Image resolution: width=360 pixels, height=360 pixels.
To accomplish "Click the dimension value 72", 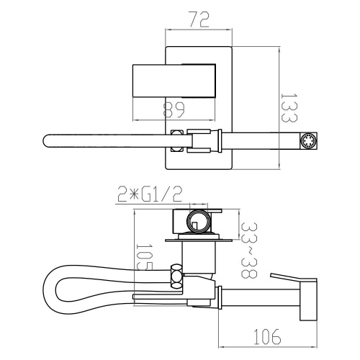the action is point(199,19).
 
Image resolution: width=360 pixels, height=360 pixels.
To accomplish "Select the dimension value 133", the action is point(289,107).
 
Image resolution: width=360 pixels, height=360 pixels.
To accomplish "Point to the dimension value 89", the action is point(174,110).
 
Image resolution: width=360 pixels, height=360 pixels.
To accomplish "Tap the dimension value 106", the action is point(267,336).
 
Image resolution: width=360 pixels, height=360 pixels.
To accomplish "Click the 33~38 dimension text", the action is point(249,250).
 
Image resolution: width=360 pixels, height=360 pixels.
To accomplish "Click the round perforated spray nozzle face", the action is point(308,141).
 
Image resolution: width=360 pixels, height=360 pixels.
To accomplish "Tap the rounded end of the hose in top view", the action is point(46,141).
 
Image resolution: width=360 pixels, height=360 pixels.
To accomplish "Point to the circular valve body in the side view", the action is point(199,222).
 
